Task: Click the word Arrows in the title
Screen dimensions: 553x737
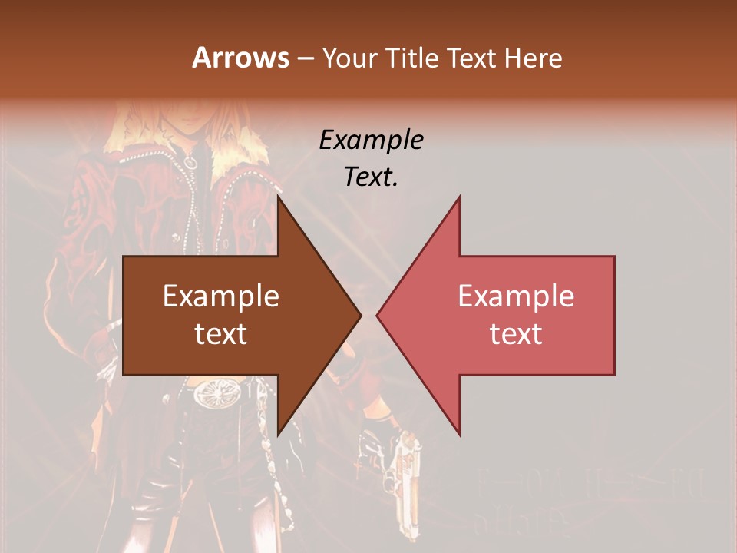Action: point(240,58)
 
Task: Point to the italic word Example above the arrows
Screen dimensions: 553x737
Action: point(371,141)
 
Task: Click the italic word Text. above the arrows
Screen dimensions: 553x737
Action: point(371,177)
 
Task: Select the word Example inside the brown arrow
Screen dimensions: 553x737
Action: point(220,296)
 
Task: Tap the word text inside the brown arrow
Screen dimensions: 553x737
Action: point(220,333)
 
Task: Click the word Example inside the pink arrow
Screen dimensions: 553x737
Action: point(516,296)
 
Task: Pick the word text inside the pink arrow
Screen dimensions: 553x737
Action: point(516,333)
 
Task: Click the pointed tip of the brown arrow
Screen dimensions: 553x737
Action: point(360,315)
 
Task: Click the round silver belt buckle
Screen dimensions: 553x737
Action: point(212,395)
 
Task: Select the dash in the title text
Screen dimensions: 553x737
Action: point(305,58)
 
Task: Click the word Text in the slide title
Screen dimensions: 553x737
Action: point(471,58)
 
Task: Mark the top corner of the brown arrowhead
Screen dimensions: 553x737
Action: point(279,197)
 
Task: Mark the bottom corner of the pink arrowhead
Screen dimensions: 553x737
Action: point(459,434)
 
